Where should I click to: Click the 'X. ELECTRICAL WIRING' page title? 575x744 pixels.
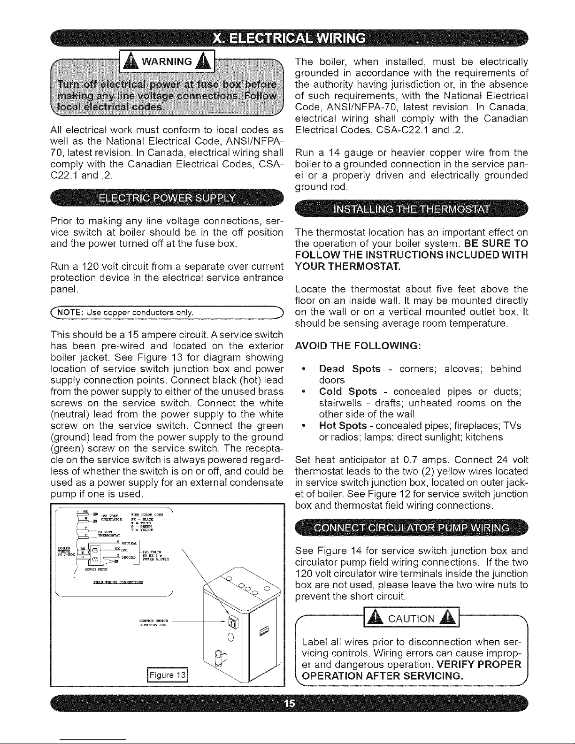click(x=287, y=37)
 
